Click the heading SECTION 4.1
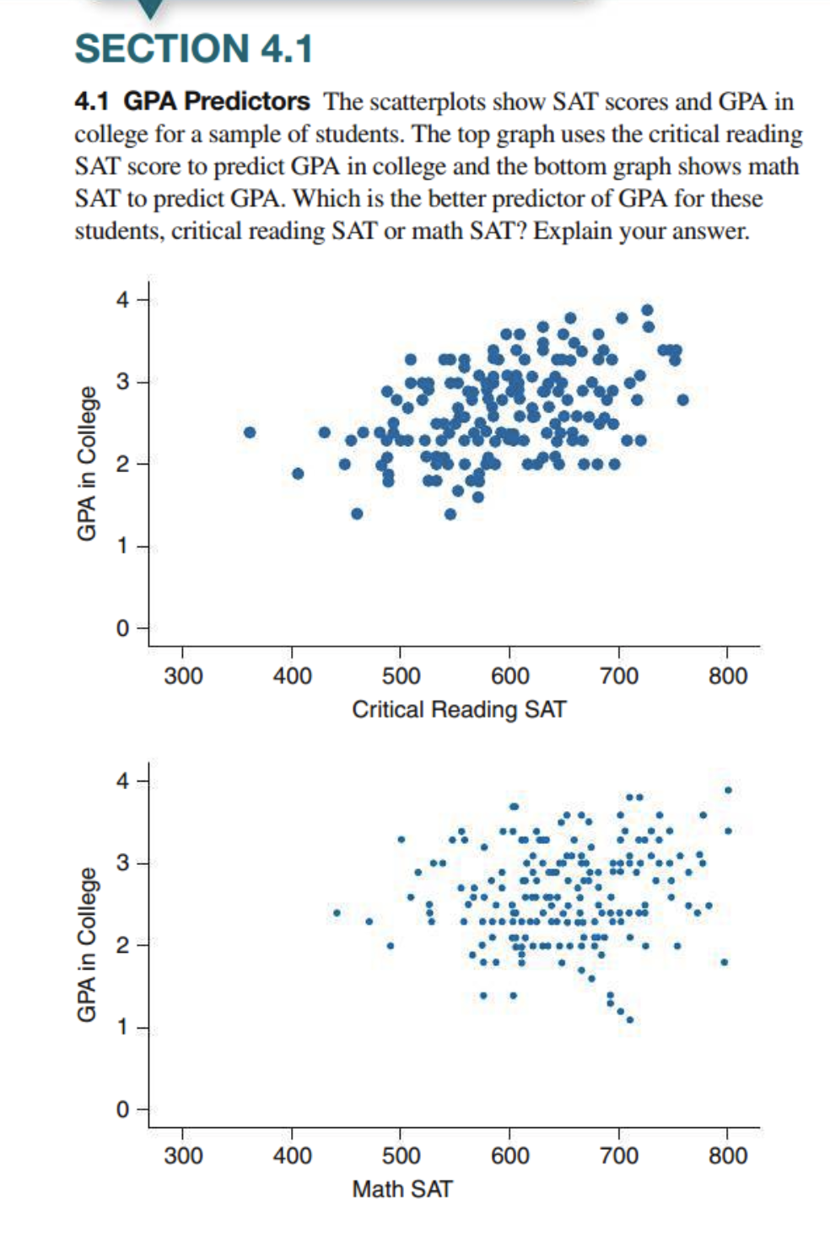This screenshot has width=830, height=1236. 193,48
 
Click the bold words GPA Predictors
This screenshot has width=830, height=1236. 217,101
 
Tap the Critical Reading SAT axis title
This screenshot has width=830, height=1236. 459,709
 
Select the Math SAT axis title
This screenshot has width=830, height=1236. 402,1189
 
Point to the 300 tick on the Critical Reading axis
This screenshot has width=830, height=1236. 183,675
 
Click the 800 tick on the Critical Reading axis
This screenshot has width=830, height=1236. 728,675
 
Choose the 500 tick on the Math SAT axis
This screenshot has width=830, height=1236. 401,1155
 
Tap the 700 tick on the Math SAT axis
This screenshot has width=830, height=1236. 619,1155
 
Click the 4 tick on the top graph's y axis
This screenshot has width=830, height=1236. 123,299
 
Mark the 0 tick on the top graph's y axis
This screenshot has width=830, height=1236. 123,629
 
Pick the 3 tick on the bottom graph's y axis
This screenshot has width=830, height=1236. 123,863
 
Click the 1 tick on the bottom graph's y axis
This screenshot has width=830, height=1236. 123,1027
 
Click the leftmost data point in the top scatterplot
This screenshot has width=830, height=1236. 250,433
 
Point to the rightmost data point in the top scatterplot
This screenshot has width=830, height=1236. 682,400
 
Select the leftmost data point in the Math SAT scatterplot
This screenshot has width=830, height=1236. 337,912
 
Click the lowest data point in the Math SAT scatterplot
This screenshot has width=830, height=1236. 629,1019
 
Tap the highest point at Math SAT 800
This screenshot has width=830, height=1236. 728,790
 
